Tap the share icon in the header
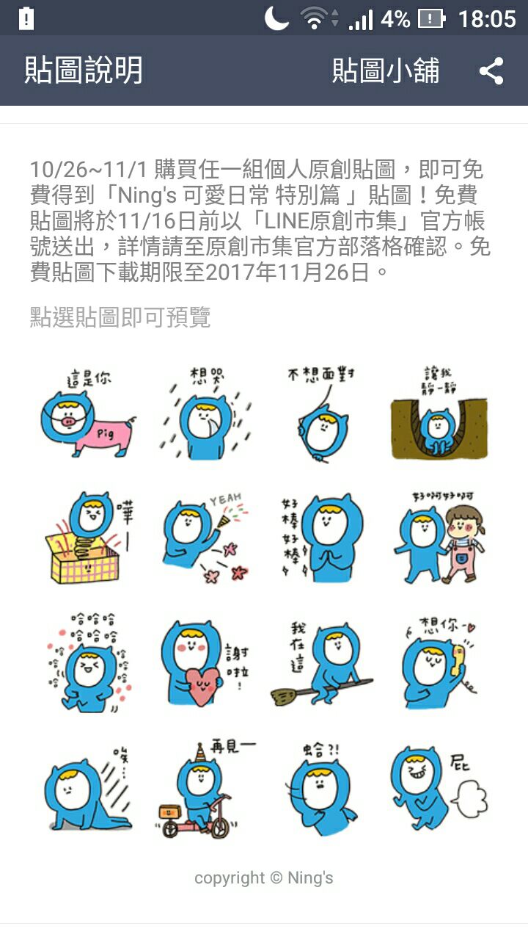click(x=491, y=71)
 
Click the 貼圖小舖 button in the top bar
click(x=386, y=70)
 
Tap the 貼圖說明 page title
click(x=84, y=70)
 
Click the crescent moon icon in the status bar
click(x=276, y=18)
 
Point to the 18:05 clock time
click(x=487, y=19)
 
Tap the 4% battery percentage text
click(x=395, y=19)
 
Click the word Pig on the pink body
click(x=106, y=433)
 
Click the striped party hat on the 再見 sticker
click(x=201, y=752)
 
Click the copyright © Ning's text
click(x=263, y=878)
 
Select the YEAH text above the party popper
click(x=226, y=499)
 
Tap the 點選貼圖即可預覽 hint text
click(x=120, y=317)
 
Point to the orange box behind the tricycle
click(x=169, y=811)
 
